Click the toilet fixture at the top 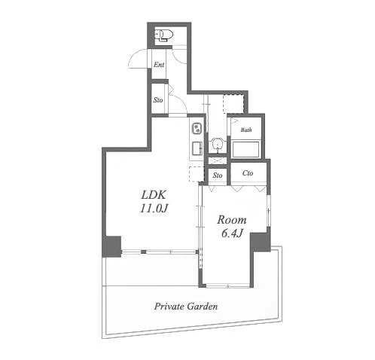tap(163, 35)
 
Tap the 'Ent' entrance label tap(159, 65)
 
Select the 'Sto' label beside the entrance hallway tap(158, 100)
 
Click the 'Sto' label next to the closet tap(218, 175)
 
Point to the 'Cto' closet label tap(248, 173)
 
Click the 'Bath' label tap(246, 130)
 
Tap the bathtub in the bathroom tap(245, 149)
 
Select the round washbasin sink tap(217, 145)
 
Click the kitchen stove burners tap(197, 129)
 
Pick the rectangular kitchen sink tap(197, 148)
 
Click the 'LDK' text tap(154, 195)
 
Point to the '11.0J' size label tap(154, 209)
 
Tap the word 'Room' tap(232, 220)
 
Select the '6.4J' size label tap(232, 233)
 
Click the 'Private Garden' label tap(186, 307)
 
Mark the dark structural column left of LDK tap(111, 246)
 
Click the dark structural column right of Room tap(261, 242)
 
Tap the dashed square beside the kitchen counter tap(197, 174)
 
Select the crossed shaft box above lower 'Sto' tap(218, 161)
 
